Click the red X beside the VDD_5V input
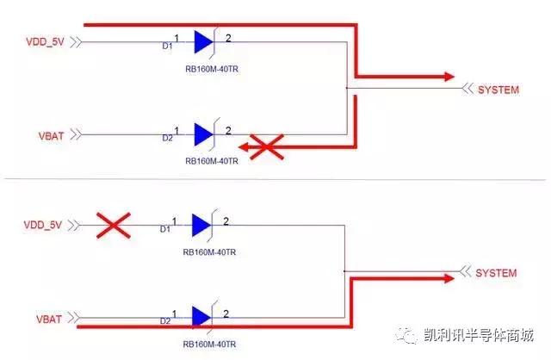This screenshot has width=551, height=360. click(x=112, y=227)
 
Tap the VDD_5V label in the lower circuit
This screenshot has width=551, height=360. click(x=42, y=226)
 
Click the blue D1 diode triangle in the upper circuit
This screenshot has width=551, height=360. click(x=203, y=41)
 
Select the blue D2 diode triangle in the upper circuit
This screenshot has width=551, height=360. click(x=203, y=134)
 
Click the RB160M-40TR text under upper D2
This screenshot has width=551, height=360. click(x=210, y=160)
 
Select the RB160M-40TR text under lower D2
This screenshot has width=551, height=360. click(x=210, y=344)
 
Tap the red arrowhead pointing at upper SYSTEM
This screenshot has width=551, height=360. click(x=447, y=77)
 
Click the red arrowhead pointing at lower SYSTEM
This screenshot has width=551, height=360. click(x=447, y=278)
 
